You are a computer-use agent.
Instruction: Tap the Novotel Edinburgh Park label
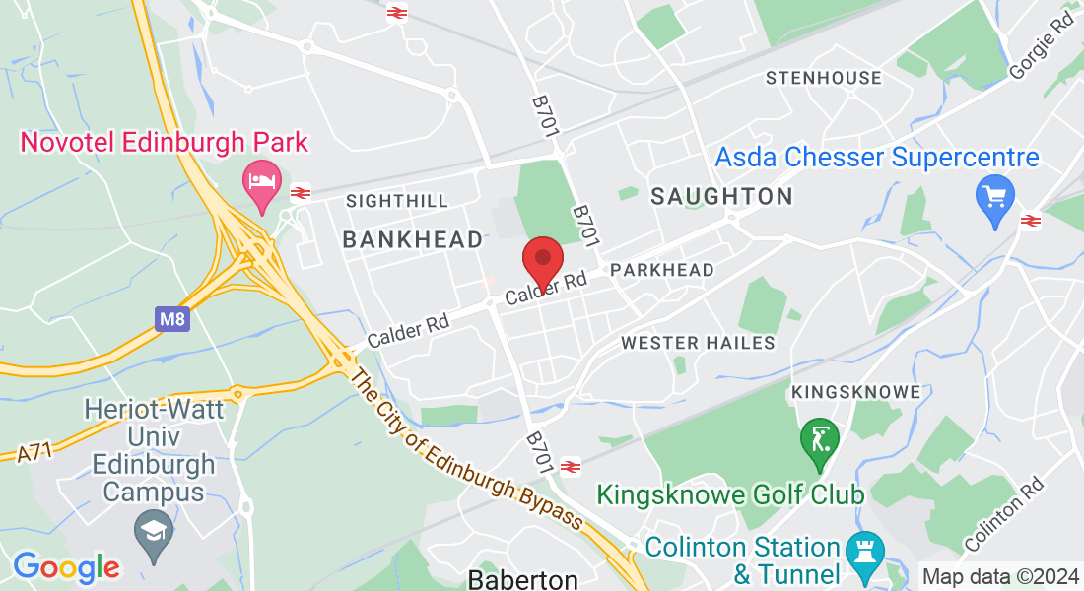165,142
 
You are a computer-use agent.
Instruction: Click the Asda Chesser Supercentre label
877,157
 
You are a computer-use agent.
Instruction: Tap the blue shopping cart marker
994,197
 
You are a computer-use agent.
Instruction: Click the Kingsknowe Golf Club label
731,493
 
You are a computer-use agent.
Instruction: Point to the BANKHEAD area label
412,239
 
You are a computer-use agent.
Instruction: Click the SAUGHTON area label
722,196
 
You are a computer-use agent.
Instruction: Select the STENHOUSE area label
824,78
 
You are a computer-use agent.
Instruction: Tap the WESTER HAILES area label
698,343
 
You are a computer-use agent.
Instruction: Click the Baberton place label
522,578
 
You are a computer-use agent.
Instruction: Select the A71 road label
35,451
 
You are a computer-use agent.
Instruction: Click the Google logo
66,566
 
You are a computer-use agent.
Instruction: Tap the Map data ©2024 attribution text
1000,576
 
